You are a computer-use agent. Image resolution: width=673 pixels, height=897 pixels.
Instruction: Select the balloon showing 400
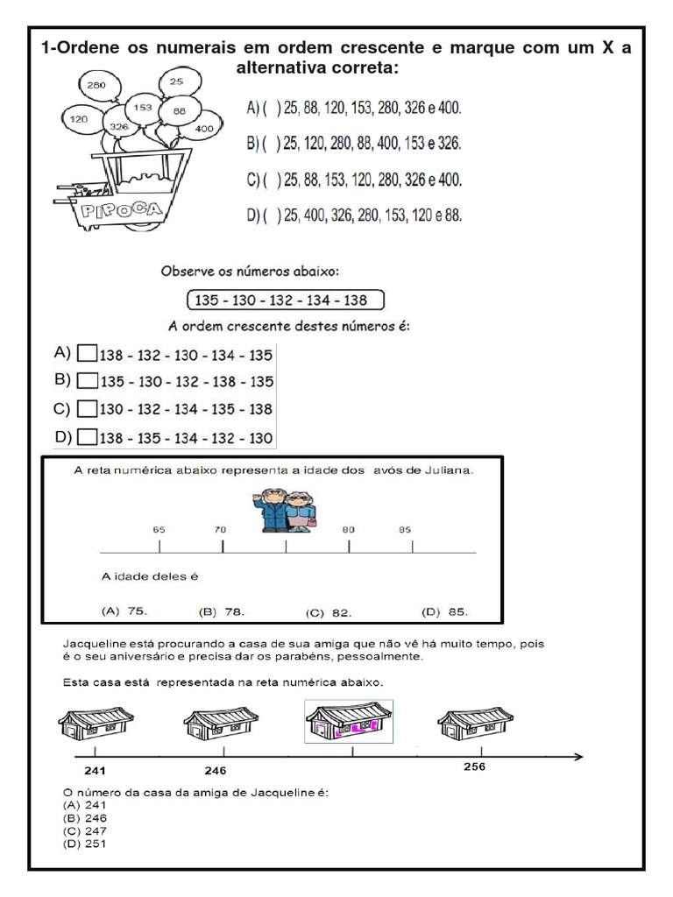click(x=203, y=128)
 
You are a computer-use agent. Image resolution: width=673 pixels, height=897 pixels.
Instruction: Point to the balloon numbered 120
click(x=78, y=118)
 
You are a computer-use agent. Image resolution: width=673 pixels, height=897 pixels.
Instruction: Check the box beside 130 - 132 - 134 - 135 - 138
click(x=87, y=409)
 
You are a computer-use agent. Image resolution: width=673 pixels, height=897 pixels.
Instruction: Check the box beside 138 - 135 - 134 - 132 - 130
click(x=87, y=437)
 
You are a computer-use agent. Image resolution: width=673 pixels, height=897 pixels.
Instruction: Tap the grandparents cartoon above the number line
click(x=287, y=510)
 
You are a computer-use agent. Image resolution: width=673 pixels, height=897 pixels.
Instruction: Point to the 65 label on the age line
click(x=159, y=529)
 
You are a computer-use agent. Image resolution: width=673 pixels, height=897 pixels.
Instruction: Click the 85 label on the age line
click(x=405, y=529)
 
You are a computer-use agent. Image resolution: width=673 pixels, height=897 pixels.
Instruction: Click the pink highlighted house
click(x=348, y=720)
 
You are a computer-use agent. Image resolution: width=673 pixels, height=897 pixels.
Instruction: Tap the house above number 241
click(x=96, y=724)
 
